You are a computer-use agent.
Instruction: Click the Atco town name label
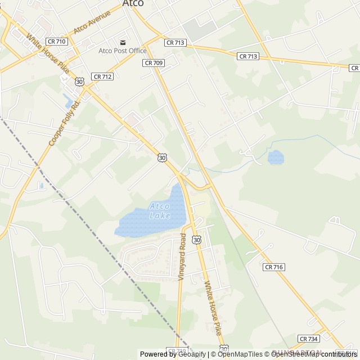point(133,3)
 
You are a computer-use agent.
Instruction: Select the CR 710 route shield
point(56,42)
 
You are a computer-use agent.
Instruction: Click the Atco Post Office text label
point(123,51)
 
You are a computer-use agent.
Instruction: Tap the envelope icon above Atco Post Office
point(123,42)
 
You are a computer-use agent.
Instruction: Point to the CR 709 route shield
point(154,63)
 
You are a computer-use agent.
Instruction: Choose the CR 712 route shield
point(103,76)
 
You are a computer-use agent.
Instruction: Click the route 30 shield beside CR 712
point(79,82)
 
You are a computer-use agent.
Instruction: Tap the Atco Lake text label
point(159,211)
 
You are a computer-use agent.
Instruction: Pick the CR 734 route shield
point(309,339)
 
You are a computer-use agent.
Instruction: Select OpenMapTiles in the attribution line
point(240,354)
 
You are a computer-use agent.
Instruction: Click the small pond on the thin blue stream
point(276,157)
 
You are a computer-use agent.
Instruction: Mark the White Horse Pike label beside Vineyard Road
point(213,308)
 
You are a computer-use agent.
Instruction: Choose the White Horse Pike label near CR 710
point(48,54)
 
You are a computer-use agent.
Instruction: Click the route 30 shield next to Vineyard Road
point(196,240)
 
